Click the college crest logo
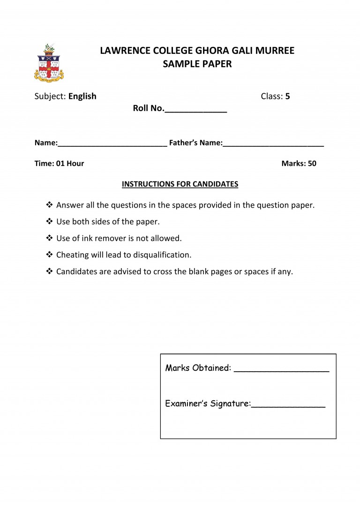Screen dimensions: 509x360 click(49, 63)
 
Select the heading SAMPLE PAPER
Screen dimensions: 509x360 click(197, 64)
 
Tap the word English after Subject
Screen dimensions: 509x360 click(82, 97)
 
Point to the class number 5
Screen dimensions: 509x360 click(288, 97)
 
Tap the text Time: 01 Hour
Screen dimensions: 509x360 click(59, 164)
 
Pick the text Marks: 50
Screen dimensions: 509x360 click(299, 164)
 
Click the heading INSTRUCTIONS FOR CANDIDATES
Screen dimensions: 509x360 click(180, 184)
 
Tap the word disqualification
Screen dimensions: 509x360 click(163, 255)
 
